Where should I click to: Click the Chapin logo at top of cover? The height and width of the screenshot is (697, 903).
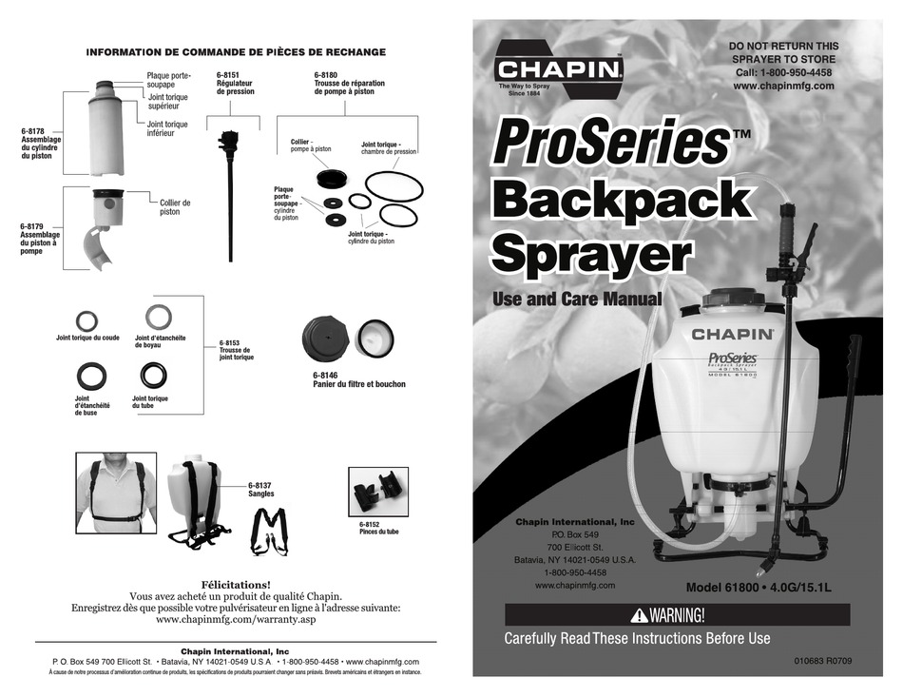[558, 68]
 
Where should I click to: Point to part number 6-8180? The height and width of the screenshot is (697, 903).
[326, 73]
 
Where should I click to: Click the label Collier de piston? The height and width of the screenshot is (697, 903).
[175, 207]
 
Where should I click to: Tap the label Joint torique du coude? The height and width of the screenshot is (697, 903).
[87, 338]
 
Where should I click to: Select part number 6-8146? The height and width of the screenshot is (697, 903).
[326, 375]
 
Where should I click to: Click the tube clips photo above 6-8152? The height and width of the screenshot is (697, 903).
[378, 492]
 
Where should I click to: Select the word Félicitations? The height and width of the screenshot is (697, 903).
[236, 584]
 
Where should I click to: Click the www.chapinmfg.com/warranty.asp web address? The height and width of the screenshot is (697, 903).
[235, 619]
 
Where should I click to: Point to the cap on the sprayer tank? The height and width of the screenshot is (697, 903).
[733, 297]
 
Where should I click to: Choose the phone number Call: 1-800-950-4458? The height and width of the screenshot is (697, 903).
[783, 72]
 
